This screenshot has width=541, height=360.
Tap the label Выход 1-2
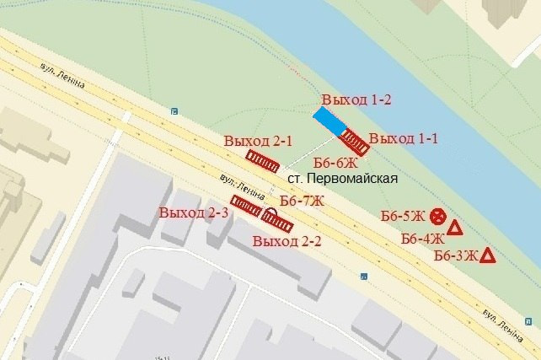[x=356, y=100]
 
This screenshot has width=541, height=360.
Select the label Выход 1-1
[x=404, y=138]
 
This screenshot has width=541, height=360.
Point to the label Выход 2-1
[x=258, y=141]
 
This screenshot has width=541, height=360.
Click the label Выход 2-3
[x=193, y=212]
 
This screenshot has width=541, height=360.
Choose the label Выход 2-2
[x=287, y=241]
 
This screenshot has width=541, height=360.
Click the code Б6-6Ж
[x=335, y=162]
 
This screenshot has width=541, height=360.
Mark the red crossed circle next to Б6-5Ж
[x=437, y=216]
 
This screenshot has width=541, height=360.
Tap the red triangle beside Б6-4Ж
[x=455, y=228]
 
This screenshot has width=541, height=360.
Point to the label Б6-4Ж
[x=422, y=238]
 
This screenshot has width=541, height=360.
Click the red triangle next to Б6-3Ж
[x=487, y=255]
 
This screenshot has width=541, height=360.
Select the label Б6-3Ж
[x=455, y=255]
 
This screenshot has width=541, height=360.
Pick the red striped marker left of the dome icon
[x=246, y=207]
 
